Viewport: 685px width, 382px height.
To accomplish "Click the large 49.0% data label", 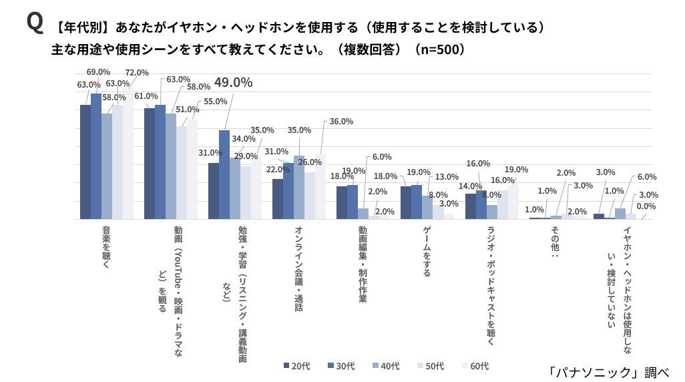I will pos(232,83).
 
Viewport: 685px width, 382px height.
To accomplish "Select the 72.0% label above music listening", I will pos(137,72).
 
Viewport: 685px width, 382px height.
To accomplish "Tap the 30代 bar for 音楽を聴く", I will pos(96,156).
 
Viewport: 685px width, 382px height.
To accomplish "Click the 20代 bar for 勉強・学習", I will pos(214,191).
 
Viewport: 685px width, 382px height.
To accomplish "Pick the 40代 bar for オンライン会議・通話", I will pos(298,188).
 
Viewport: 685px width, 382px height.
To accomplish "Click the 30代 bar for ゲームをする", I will pos(417,202).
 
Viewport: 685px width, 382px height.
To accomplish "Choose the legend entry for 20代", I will pos(297,365).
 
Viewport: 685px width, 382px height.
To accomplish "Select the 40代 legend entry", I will pos(386,365).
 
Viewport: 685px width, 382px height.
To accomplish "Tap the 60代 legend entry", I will pos(475,365).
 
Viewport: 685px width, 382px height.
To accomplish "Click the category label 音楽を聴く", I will pos(106,249).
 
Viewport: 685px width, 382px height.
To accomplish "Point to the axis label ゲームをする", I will pos(427,251).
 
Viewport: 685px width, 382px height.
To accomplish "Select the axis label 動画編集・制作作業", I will pos(363,264).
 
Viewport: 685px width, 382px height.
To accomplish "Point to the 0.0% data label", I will pos(645,206).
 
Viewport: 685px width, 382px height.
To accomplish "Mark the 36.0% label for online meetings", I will pos(342,122).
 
